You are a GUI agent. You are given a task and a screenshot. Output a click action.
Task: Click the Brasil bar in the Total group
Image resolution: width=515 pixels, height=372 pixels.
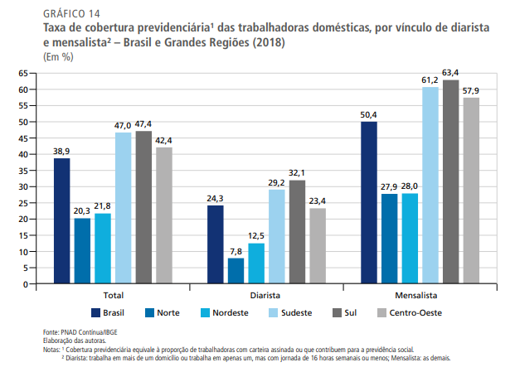(x=62, y=220)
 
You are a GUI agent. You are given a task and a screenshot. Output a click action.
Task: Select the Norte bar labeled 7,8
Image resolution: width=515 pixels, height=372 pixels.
(x=236, y=271)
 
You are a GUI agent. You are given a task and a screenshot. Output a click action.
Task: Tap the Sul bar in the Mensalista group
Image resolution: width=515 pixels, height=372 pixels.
(x=450, y=181)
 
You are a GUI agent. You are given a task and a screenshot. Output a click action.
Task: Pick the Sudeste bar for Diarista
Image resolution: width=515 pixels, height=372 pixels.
(x=276, y=236)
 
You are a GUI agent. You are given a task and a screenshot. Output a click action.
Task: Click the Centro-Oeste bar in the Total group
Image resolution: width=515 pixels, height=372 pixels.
(x=163, y=215)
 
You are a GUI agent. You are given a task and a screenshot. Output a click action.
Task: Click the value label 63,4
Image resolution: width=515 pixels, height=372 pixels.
(x=450, y=72)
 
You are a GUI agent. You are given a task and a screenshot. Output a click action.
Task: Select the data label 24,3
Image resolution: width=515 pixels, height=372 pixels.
(x=215, y=198)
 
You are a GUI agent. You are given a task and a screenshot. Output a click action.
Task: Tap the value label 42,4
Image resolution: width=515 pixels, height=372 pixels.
(x=163, y=140)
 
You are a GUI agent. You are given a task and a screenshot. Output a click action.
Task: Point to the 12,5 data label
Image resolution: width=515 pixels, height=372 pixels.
(x=256, y=236)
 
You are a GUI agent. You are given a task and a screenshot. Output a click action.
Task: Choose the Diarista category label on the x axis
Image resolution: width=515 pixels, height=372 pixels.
(x=265, y=295)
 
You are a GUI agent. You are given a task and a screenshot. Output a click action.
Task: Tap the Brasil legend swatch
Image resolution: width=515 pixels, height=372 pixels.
(x=96, y=312)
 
